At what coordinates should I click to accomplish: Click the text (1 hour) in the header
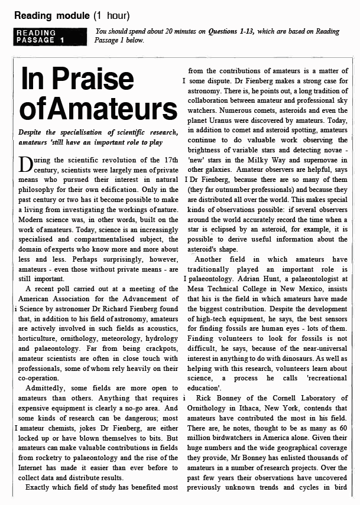[x=111, y=15]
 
